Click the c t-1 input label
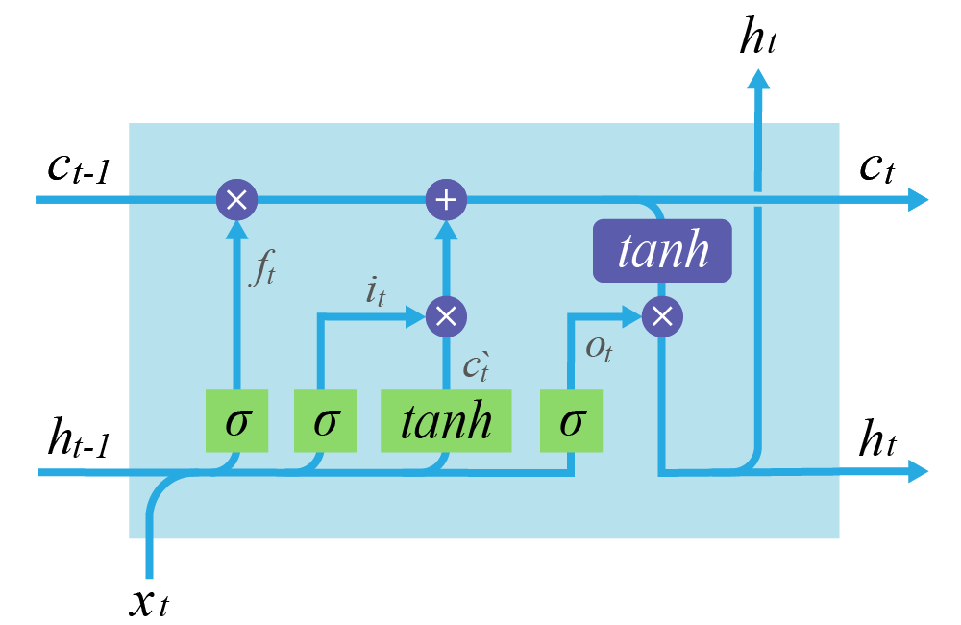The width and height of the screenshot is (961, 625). tap(80, 168)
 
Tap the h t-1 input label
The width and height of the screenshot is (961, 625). tap(80, 440)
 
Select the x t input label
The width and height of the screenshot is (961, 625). tap(149, 602)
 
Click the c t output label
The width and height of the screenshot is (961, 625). tap(876, 168)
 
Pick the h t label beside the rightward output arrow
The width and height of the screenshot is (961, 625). tap(876, 440)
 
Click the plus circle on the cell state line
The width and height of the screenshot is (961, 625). tap(446, 200)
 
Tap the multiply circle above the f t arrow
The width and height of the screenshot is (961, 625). tap(236, 200)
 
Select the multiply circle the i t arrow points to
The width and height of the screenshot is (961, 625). tap(446, 316)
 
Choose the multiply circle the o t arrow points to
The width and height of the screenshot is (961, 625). tap(661, 316)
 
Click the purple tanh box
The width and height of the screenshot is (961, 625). tap(662, 251)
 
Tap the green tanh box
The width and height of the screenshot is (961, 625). tap(446, 421)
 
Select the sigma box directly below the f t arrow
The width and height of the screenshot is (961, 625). tap(236, 421)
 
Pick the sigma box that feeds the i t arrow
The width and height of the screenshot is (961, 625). tap(325, 421)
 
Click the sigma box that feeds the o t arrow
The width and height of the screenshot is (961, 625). tap(571, 421)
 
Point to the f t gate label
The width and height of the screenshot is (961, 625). tap(261, 267)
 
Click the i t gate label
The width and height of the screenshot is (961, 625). tap(375, 290)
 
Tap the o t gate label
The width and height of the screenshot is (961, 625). tap(599, 348)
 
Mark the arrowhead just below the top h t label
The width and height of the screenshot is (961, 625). tap(758, 79)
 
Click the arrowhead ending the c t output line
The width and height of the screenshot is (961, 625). tap(918, 200)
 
